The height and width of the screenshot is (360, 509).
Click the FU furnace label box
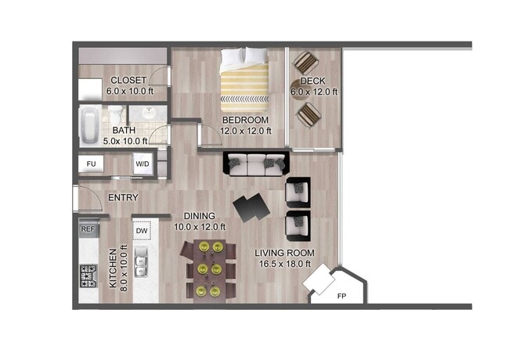[x=91, y=164]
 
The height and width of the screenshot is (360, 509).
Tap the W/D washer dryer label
[x=143, y=164]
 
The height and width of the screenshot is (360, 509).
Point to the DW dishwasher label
[x=142, y=231]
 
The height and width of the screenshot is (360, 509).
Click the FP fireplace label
[x=341, y=297]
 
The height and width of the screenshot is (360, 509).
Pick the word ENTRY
[x=123, y=198]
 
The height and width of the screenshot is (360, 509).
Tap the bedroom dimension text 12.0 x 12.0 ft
[x=245, y=131]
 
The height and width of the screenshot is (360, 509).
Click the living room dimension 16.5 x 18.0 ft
[x=284, y=265]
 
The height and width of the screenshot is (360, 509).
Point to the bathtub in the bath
[x=88, y=126]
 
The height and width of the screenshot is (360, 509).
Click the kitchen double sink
[x=142, y=261]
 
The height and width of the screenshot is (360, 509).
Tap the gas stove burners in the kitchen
[x=88, y=275]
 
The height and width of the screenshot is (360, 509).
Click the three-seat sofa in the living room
[x=256, y=164]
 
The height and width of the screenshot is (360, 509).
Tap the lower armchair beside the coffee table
[x=298, y=225]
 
